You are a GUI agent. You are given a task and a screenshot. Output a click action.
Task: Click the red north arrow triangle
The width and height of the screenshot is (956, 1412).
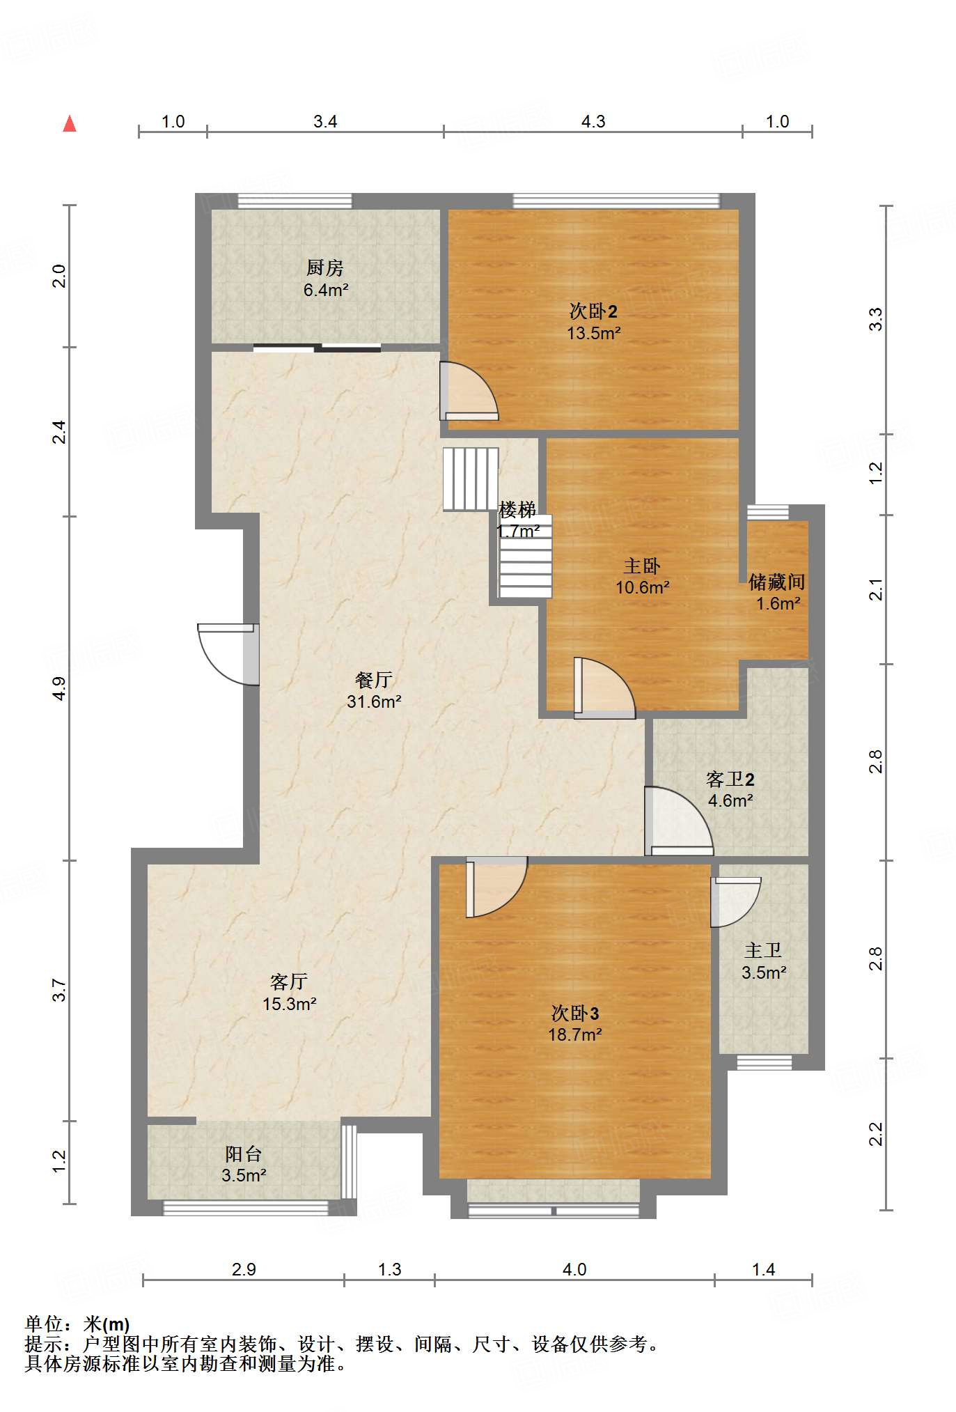pos(70,124)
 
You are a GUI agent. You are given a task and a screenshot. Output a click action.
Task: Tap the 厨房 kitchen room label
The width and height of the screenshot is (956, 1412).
pos(325,267)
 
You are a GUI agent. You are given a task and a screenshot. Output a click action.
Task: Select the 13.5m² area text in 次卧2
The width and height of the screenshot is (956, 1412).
pos(593,333)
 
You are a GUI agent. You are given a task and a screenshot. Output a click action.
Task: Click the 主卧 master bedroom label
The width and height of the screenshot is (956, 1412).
pos(642,566)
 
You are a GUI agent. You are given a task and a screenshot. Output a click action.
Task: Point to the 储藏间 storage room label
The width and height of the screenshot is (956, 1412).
pos(777,582)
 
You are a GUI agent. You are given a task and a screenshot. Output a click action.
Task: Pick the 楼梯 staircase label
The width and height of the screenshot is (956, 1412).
pos(517,510)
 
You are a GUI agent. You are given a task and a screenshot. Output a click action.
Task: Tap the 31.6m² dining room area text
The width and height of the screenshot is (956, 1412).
pos(374,701)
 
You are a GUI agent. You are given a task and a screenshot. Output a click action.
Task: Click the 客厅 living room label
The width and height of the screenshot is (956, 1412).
pos(289,982)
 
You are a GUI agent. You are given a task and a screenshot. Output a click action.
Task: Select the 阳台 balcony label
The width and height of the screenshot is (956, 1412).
pos(244,1154)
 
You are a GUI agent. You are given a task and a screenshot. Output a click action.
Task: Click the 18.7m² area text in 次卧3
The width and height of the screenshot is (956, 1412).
pos(574,1035)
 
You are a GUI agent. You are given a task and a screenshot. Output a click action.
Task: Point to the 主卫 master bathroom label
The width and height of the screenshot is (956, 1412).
pos(763,951)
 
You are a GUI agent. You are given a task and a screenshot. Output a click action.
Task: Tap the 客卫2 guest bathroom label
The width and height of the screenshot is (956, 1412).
pos(730,779)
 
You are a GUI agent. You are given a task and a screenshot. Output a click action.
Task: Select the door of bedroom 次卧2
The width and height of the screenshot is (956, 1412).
pos(469,391)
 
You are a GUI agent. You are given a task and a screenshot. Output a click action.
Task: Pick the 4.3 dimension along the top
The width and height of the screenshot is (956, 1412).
pos(593,122)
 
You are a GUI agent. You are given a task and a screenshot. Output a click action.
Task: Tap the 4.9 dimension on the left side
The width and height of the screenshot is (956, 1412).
pos(60,688)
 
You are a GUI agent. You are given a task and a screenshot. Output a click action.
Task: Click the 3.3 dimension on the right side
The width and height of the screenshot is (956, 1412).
pos(877,319)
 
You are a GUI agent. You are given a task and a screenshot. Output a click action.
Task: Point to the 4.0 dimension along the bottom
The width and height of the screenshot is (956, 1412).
pos(574,1269)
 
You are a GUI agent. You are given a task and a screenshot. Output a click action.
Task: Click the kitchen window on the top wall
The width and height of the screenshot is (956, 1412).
pos(295,201)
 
